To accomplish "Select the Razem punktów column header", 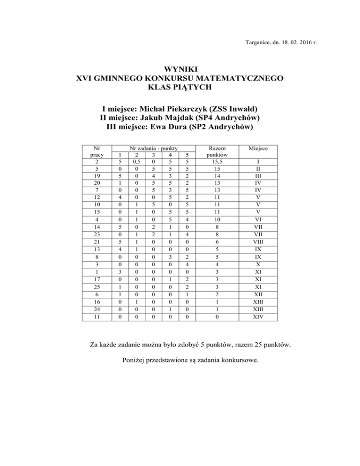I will [217, 151].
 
